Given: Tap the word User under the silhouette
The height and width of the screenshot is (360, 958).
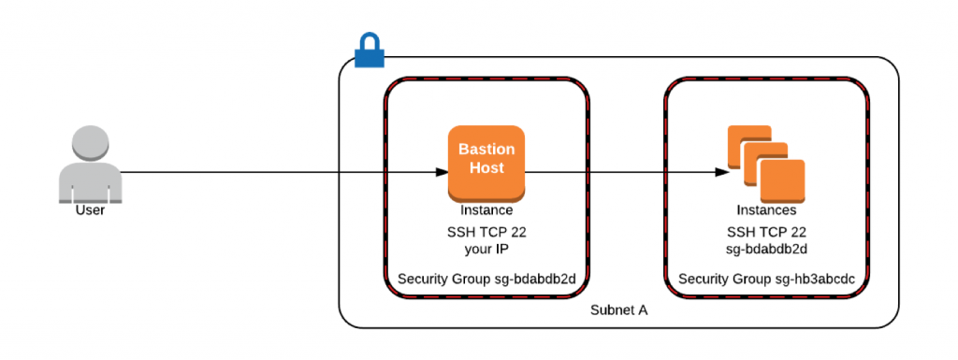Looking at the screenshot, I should point(90,210).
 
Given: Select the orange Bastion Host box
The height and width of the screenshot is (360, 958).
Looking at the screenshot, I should point(486,162).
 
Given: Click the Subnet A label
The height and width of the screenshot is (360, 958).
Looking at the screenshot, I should point(618,310).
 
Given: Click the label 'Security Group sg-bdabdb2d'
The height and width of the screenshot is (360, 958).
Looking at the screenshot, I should point(486,279).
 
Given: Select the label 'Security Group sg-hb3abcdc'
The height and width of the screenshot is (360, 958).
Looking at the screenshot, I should point(766,279).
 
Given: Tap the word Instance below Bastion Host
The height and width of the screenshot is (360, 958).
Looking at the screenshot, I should point(486,210).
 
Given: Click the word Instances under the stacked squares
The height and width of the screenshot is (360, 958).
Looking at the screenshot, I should point(766,210).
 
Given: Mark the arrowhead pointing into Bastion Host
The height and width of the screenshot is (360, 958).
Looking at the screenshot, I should point(442,172).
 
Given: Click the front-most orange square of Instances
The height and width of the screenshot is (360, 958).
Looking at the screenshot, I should point(782,180).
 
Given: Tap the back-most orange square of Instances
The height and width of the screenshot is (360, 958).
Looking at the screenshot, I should point(742,141).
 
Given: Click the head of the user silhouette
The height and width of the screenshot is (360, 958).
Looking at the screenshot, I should point(90,144).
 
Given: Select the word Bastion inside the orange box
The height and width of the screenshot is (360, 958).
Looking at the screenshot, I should point(486,150).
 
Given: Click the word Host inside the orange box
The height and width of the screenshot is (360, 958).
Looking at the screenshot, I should point(486,168).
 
